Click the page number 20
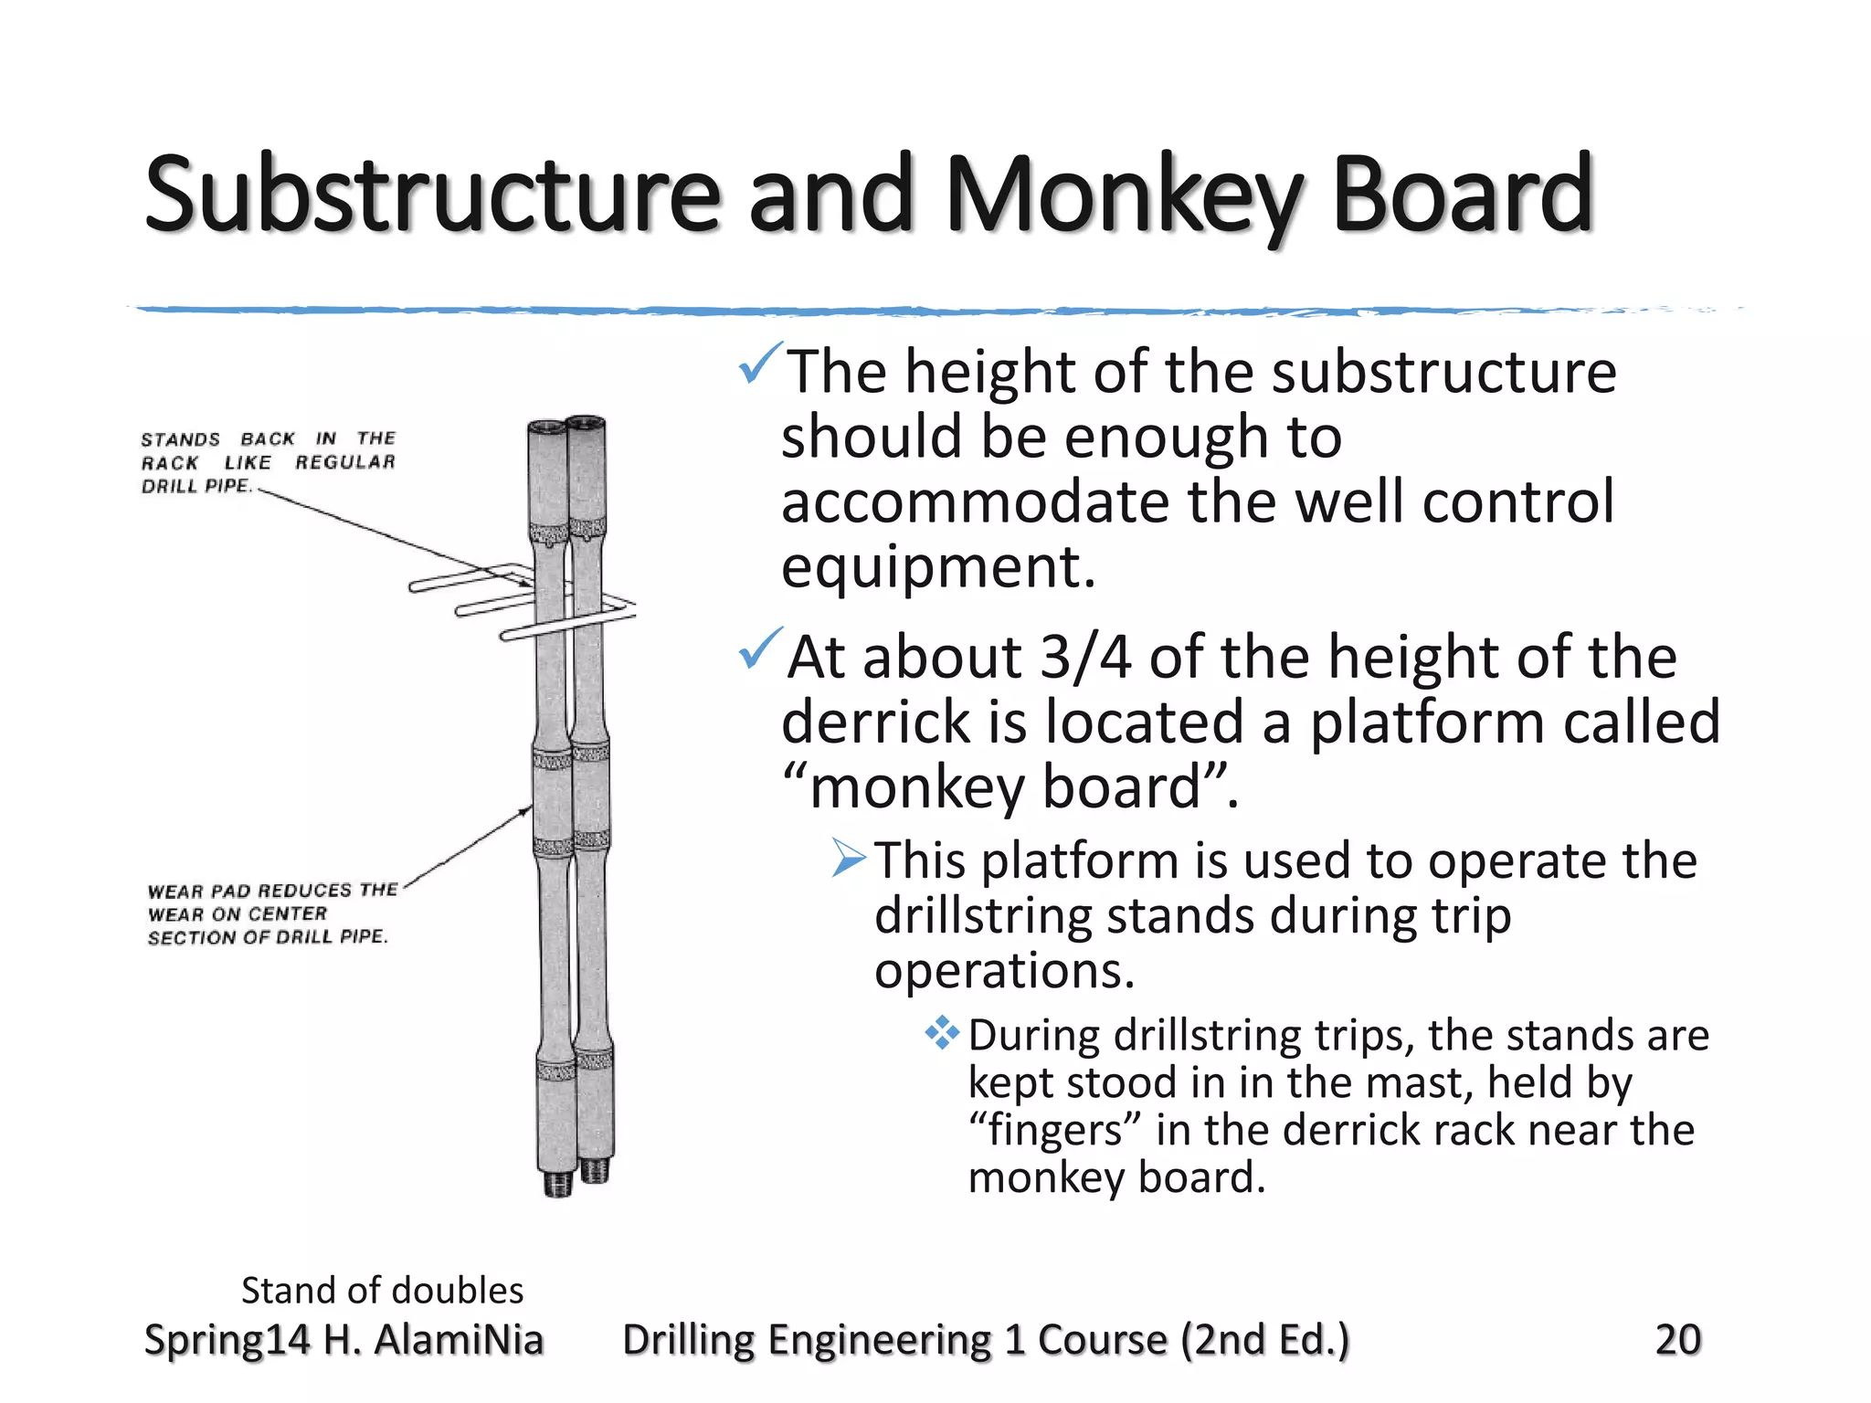point(1677,1339)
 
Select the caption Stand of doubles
point(382,1290)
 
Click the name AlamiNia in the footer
point(459,1339)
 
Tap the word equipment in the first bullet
point(937,567)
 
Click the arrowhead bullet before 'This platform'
point(848,859)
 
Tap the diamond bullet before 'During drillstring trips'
point(942,1033)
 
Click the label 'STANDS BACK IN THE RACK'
point(268,462)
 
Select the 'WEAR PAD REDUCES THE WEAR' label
point(271,913)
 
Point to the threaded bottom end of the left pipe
point(557,1184)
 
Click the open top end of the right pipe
point(586,423)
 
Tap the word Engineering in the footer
point(878,1339)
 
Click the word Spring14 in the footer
point(227,1339)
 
